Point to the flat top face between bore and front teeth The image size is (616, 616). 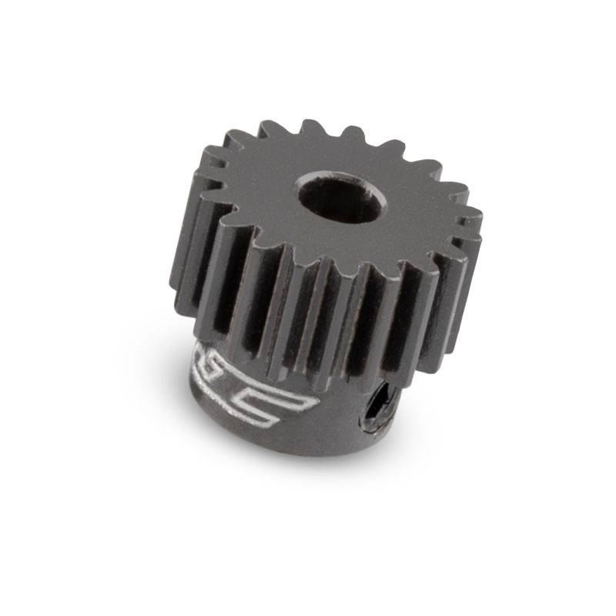click(308, 239)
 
